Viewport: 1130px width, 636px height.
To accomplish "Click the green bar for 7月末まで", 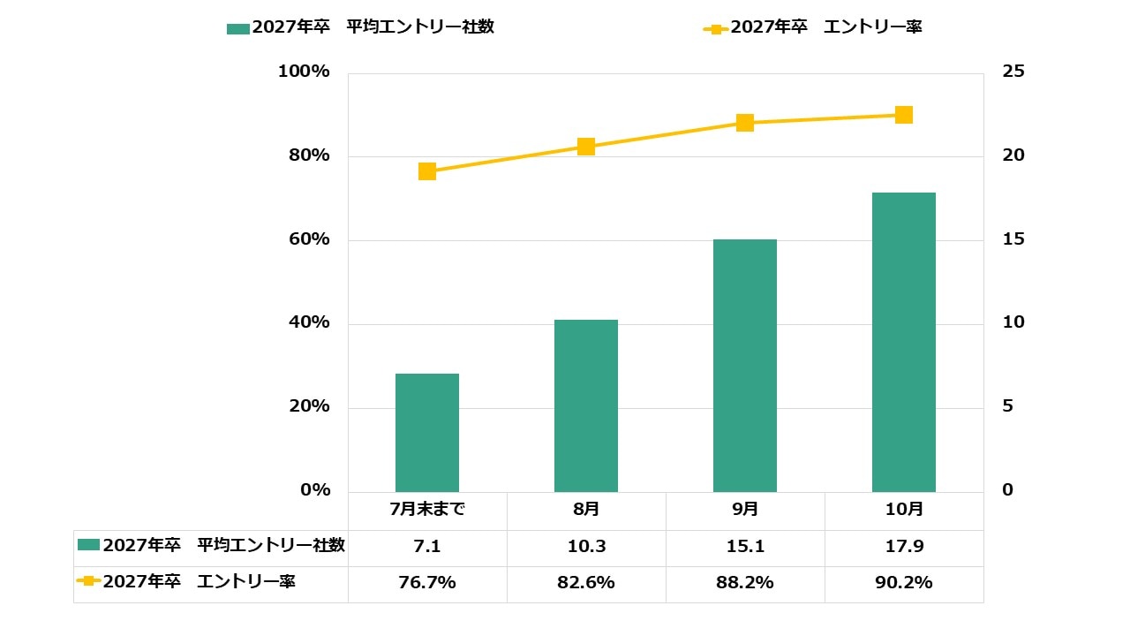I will (x=427, y=433).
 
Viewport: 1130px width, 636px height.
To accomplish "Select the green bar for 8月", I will (x=586, y=405).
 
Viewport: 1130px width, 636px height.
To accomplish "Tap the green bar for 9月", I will (x=745, y=366).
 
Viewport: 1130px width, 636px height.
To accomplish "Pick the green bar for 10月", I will (x=904, y=342).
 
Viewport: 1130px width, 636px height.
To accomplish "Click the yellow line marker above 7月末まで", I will (x=427, y=171).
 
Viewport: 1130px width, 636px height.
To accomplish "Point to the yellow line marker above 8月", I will (x=586, y=147).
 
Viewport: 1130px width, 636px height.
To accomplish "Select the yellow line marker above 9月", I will (x=745, y=123).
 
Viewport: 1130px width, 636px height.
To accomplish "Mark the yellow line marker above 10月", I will (x=904, y=115).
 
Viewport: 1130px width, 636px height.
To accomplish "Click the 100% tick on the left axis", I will (x=304, y=72).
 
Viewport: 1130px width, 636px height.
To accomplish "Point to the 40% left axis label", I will (x=309, y=323).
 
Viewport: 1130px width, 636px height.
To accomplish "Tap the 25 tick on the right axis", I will (x=1013, y=72).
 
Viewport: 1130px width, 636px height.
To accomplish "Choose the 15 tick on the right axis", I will (x=1013, y=239).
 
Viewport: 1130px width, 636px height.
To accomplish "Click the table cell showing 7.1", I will (x=427, y=547).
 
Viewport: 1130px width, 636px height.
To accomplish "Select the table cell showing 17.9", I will (x=904, y=547).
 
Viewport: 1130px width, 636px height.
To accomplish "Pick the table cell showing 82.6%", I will (x=586, y=583).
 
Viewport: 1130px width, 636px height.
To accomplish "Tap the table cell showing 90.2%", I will (x=904, y=583).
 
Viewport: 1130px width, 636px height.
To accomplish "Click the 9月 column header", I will (x=745, y=510).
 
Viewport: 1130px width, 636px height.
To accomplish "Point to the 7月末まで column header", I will (x=427, y=510).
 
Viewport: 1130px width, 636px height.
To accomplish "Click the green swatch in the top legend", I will (x=238, y=28).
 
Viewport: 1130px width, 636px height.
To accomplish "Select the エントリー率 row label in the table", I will (x=199, y=582).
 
